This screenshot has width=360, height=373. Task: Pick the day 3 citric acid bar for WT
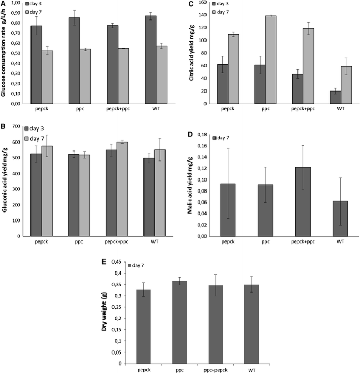321,97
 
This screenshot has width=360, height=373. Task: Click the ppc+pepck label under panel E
215,369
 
